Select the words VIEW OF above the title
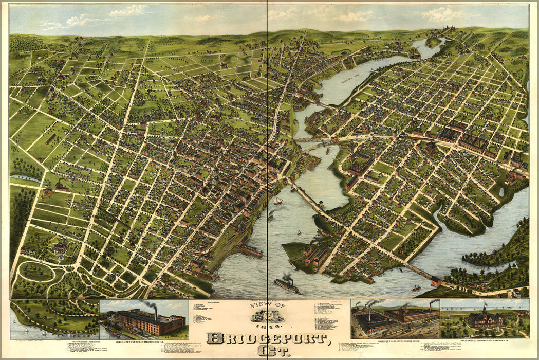click(267, 305)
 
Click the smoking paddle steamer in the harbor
click(287, 284)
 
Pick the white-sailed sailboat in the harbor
click(277, 200)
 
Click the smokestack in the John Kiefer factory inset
click(155, 313)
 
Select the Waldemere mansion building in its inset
click(485, 319)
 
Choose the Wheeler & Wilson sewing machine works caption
click(395, 340)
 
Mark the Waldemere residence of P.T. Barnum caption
click(484, 340)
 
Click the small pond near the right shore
click(501, 192)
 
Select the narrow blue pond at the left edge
click(25, 178)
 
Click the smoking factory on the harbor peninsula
click(315, 254)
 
